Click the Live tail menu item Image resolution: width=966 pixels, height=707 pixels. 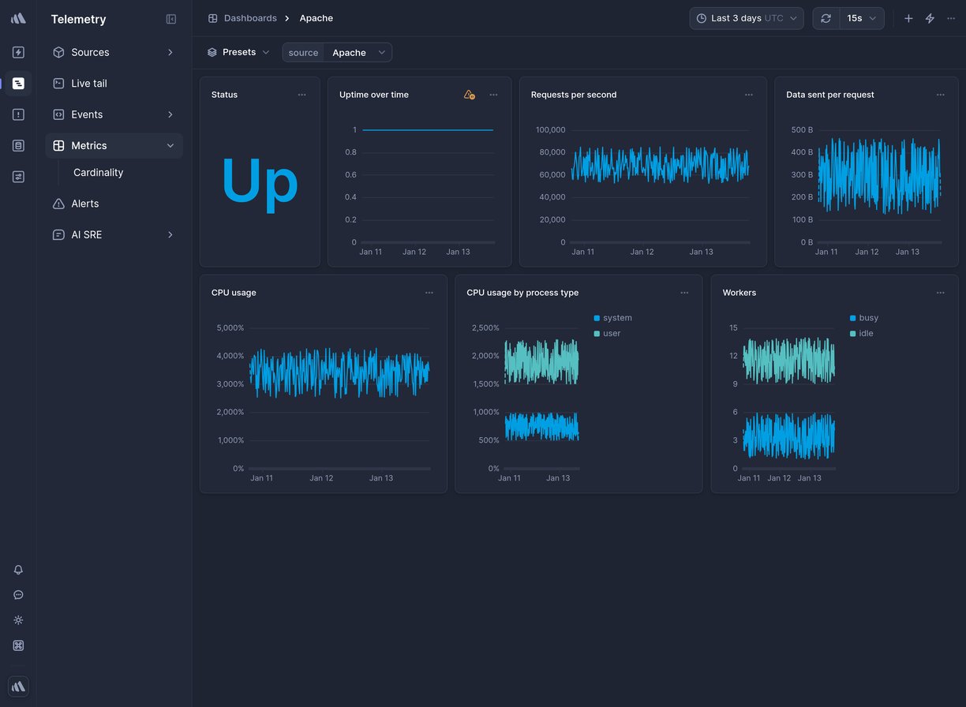tap(88, 84)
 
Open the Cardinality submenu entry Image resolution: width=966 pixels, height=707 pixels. tap(98, 173)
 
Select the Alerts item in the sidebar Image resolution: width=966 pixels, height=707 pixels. tap(85, 204)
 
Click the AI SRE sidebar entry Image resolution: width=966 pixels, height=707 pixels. tap(87, 235)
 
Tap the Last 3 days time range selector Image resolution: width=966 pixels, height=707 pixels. tap(746, 18)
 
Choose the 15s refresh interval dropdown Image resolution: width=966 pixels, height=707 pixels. tap(861, 18)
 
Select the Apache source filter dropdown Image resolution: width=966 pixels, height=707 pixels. tap(358, 53)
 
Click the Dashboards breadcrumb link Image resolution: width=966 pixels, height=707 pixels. tap(249, 18)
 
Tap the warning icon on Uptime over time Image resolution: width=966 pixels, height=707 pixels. tap(469, 95)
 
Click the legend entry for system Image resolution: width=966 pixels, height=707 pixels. tap(616, 318)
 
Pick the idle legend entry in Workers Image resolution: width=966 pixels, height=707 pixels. tap(865, 334)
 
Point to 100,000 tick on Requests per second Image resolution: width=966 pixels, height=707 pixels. tap(550, 130)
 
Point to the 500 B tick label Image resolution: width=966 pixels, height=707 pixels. tap(802, 130)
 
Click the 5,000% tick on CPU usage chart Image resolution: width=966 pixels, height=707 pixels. tap(230, 327)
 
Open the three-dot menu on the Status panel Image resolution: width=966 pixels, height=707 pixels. tap(301, 95)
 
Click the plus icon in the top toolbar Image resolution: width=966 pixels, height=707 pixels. tap(908, 18)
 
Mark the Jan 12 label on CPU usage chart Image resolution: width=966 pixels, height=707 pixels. tap(321, 478)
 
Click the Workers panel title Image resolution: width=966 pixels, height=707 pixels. tap(739, 293)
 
